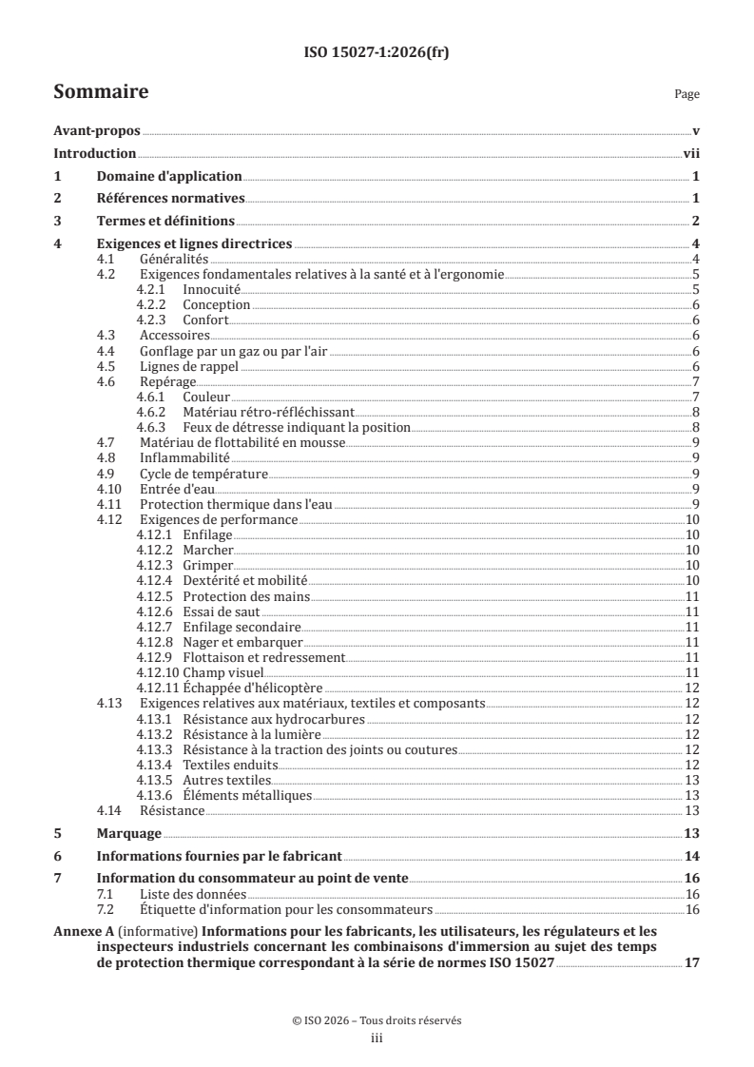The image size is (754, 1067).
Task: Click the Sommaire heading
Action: (100, 92)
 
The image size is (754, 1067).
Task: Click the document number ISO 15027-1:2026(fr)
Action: (377, 53)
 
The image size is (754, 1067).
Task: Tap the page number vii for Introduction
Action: (691, 154)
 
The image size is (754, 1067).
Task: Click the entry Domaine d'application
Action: (169, 176)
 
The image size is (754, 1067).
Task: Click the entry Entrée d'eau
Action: (174, 488)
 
